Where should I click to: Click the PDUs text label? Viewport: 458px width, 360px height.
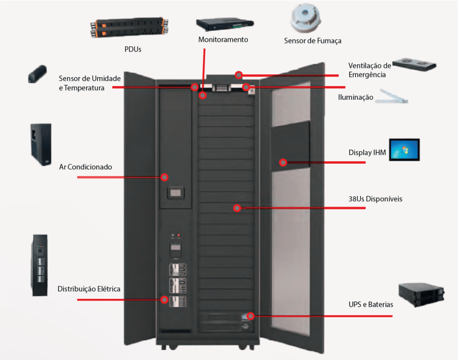pyautogui.click(x=133, y=49)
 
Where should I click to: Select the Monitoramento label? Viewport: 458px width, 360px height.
pyautogui.click(x=223, y=40)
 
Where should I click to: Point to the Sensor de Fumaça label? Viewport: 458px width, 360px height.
pyautogui.click(x=313, y=41)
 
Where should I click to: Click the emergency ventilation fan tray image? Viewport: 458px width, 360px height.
pyautogui.click(x=414, y=64)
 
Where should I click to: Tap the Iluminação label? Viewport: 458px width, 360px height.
pyautogui.click(x=356, y=97)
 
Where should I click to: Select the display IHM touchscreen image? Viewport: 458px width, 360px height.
pyautogui.click(x=404, y=150)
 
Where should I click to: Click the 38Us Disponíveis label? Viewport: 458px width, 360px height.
pyautogui.click(x=375, y=199)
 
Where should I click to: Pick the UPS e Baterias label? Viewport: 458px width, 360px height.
pyautogui.click(x=371, y=305)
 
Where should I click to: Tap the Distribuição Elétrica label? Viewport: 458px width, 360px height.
pyautogui.click(x=89, y=289)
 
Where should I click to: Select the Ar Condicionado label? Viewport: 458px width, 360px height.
pyautogui.click(x=85, y=167)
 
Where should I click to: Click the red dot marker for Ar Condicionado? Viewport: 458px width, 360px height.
pyautogui.click(x=165, y=177)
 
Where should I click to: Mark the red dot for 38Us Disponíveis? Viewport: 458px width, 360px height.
pyautogui.click(x=237, y=208)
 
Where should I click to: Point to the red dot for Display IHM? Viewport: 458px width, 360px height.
pyautogui.click(x=283, y=162)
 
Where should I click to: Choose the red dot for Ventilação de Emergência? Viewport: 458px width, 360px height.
pyautogui.click(x=239, y=75)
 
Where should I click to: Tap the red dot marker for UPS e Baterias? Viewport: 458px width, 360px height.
pyautogui.click(x=250, y=316)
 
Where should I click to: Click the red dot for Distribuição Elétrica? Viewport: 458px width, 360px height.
pyautogui.click(x=165, y=300)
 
